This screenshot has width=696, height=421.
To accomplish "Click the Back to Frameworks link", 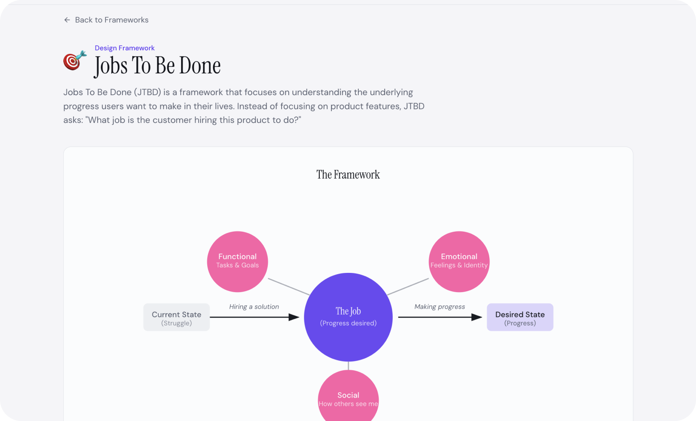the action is (106, 20).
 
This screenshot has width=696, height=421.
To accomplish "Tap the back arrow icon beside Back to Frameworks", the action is (67, 20).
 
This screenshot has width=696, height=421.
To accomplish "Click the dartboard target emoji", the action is (74, 60).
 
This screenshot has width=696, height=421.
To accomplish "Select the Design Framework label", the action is (125, 48).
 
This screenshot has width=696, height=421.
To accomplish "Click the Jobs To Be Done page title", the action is (157, 66).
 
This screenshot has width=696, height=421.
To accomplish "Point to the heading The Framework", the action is (348, 175).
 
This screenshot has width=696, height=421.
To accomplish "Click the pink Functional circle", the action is (237, 262).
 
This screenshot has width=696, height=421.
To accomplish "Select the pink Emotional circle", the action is (459, 262).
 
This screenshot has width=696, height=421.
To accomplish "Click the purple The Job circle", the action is (348, 317).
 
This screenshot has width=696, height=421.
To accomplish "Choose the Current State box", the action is (177, 317).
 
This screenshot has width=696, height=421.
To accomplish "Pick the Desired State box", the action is (520, 317).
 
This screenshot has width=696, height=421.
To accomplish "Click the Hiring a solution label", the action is (254, 307).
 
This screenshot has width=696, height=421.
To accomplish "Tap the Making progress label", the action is (439, 307).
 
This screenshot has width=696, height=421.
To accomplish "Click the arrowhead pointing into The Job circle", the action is (294, 317).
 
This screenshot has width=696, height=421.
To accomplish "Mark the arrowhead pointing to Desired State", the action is (477, 317).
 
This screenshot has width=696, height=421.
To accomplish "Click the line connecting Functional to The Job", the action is (289, 287).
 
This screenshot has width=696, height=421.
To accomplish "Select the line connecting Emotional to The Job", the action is (408, 287).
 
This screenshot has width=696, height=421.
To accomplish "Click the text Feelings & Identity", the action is (459, 265).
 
